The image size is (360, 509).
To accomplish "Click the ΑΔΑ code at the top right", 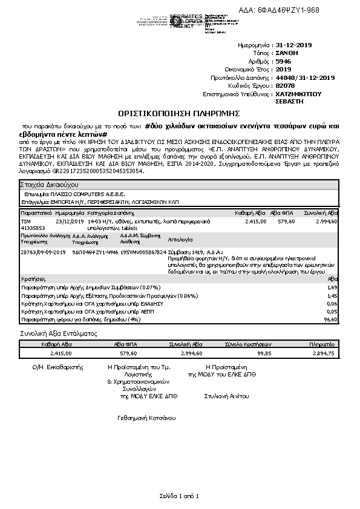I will (284, 10).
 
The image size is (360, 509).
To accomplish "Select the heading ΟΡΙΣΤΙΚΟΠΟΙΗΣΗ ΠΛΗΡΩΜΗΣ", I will (179, 113).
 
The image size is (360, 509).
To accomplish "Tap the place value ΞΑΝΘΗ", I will (287, 53).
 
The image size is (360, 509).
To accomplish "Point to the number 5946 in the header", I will (283, 61).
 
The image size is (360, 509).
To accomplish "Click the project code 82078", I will (284, 86).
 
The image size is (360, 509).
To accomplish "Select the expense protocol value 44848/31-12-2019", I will (305, 77).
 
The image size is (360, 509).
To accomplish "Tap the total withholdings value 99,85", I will (264, 353).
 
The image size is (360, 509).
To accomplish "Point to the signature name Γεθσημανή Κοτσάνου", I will (146, 418).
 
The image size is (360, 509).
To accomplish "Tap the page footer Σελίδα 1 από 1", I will (179, 496).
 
